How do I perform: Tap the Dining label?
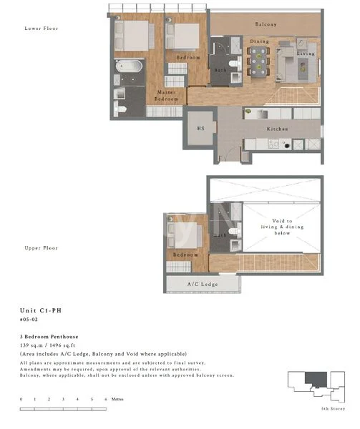pyautogui.click(x=258, y=41)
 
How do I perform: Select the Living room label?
pyautogui.click(x=306, y=54)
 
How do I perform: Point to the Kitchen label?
pyautogui.click(x=277, y=129)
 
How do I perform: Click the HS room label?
pyautogui.click(x=201, y=129)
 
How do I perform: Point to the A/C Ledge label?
pyautogui.click(x=202, y=284)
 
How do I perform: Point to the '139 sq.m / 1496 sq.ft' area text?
pyautogui.click(x=57, y=345)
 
